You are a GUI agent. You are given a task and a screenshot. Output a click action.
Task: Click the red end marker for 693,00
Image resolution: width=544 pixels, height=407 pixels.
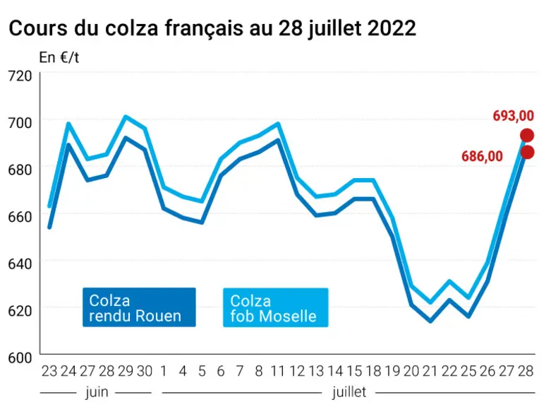click(526, 136)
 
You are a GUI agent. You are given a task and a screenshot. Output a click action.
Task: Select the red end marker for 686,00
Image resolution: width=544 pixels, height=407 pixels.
click(527, 152)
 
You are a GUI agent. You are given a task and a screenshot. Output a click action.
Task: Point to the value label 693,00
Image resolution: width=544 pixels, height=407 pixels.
click(513, 116)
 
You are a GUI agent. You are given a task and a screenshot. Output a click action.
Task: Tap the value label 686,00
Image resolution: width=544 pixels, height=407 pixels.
click(482, 156)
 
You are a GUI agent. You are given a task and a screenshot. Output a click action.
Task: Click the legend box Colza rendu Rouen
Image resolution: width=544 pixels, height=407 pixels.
click(139, 307)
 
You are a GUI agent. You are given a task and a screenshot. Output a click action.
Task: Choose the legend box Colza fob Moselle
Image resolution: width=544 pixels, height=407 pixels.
click(275, 307)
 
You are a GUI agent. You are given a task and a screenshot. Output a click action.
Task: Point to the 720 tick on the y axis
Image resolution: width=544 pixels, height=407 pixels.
click(20, 76)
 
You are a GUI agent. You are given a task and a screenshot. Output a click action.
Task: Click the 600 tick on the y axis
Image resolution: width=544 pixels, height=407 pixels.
click(20, 358)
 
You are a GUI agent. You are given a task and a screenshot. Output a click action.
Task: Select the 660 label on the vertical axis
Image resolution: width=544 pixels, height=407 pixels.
click(20, 217)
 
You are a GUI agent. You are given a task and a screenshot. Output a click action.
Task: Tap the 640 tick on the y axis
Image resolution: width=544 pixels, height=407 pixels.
click(20, 264)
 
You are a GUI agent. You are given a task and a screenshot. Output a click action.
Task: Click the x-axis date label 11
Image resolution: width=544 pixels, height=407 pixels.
click(277, 372)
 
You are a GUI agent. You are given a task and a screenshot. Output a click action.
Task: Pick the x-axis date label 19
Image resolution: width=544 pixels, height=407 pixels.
click(392, 372)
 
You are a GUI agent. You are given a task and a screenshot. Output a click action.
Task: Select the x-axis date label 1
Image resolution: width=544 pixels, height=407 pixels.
click(164, 372)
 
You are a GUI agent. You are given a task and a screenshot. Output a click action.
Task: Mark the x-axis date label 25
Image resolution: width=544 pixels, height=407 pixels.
click(469, 372)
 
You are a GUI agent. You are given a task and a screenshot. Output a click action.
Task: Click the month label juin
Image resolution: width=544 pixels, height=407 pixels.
click(97, 392)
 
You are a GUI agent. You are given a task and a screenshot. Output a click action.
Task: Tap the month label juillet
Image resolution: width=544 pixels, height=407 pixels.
click(349, 392)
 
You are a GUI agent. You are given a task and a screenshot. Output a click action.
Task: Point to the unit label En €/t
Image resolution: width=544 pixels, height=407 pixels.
click(59, 58)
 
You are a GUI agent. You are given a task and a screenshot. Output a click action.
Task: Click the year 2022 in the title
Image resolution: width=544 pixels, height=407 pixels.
click(392, 28)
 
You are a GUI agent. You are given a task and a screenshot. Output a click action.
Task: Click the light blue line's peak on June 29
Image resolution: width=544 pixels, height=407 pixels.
click(126, 117)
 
